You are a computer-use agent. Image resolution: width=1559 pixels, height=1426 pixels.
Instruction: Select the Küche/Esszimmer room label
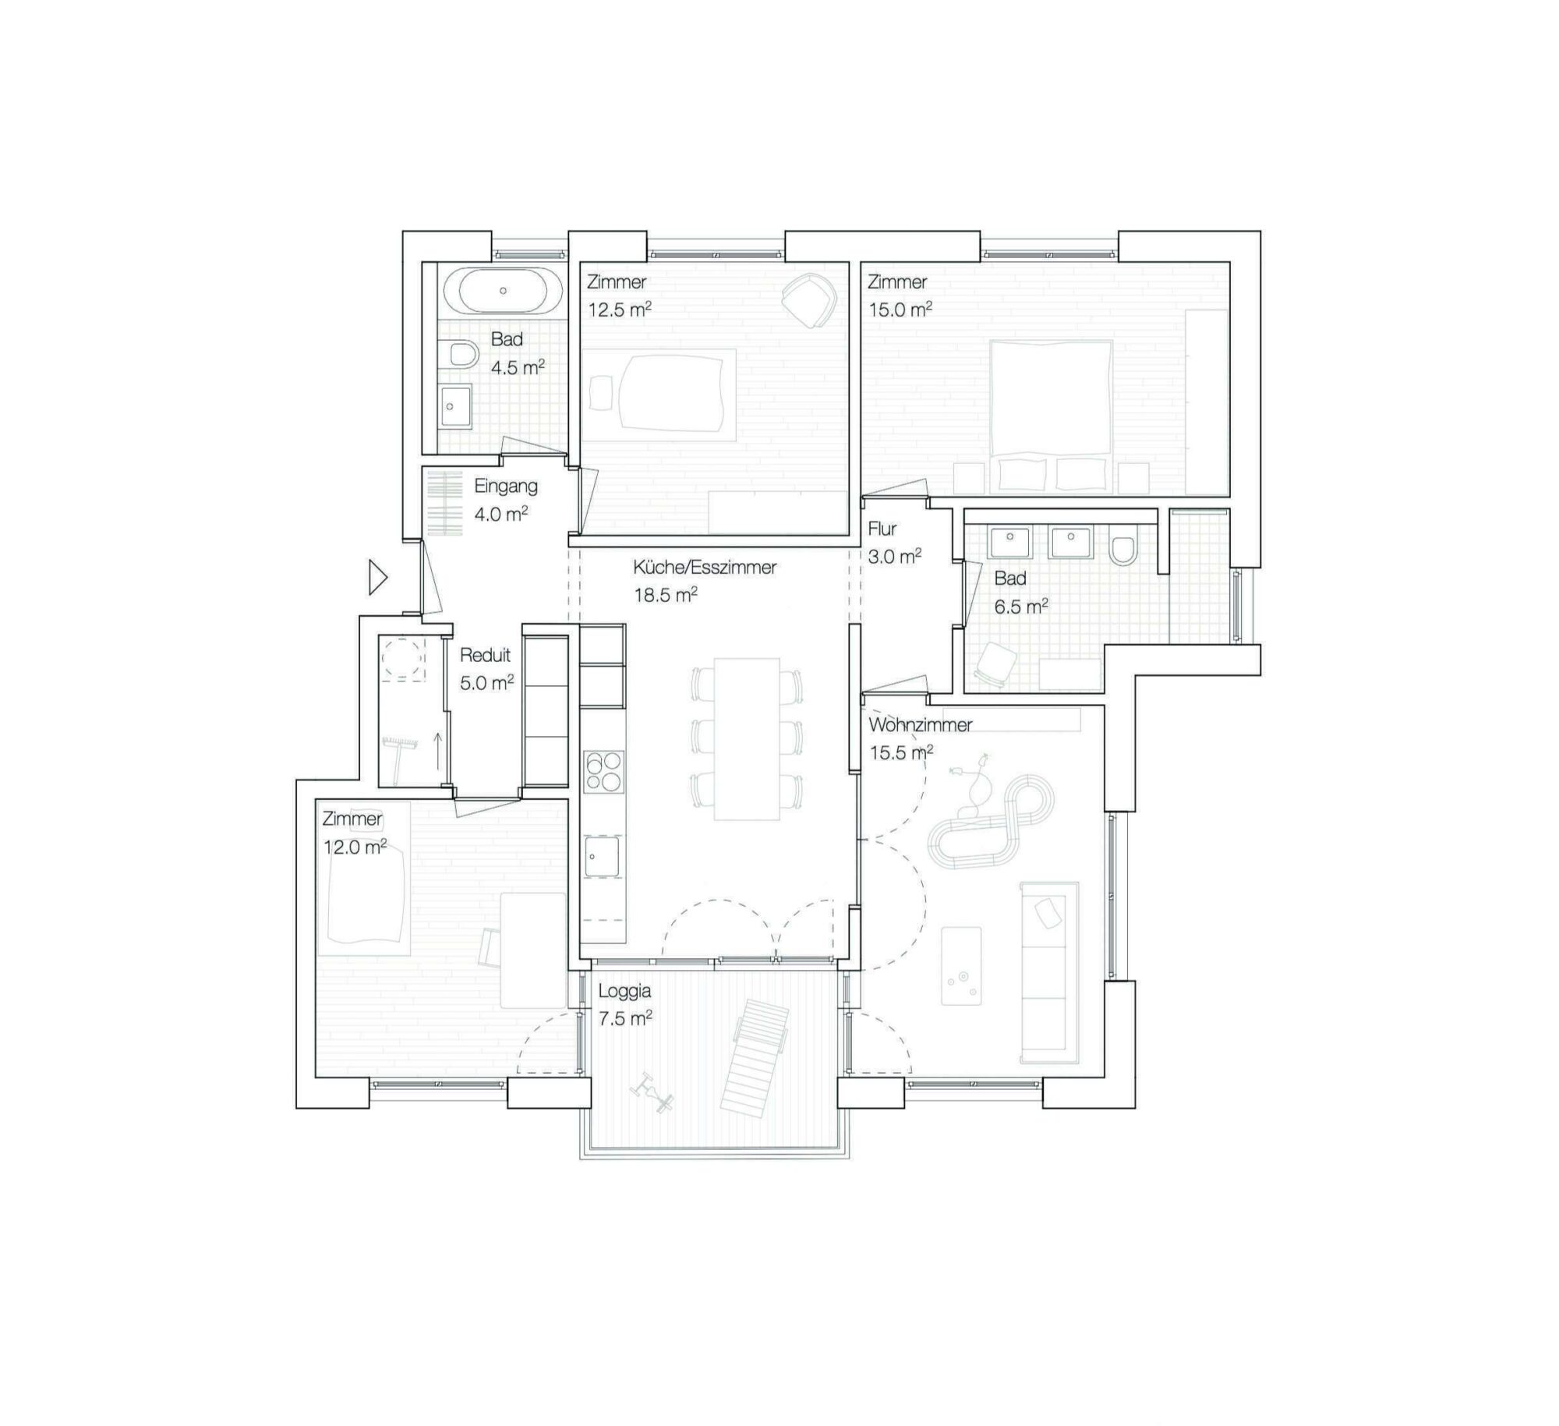705,567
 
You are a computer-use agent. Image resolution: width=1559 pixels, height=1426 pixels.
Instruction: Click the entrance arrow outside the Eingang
378,579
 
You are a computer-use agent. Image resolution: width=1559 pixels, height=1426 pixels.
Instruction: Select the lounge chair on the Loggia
754,1058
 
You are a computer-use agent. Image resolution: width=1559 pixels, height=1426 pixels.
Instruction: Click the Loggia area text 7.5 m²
624,1018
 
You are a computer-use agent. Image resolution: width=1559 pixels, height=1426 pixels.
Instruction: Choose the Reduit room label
485,655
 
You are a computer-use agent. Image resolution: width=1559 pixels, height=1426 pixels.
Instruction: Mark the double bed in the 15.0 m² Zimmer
1051,416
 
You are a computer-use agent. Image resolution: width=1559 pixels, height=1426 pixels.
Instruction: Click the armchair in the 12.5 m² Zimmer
809,300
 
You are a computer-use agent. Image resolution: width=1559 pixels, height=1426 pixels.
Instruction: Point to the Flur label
882,529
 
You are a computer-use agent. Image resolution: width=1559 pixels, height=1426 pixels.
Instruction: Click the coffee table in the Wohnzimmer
961,965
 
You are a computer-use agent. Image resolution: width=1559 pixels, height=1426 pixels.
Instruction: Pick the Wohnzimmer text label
920,725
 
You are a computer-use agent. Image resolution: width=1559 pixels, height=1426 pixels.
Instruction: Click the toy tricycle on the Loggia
652,1092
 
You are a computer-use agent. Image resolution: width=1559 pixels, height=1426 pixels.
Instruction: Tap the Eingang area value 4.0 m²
501,514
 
